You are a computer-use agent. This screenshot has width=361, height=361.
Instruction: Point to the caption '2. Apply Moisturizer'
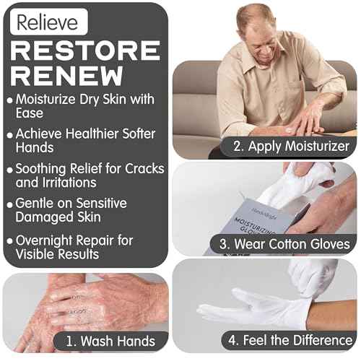291,147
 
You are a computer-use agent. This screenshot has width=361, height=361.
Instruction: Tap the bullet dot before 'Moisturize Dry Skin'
9,100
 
